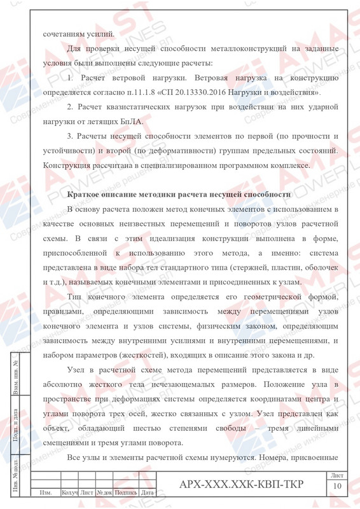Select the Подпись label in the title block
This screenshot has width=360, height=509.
[x=126, y=492]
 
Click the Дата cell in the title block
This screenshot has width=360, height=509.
[x=148, y=492]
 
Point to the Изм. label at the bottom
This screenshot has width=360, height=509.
[x=45, y=492]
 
